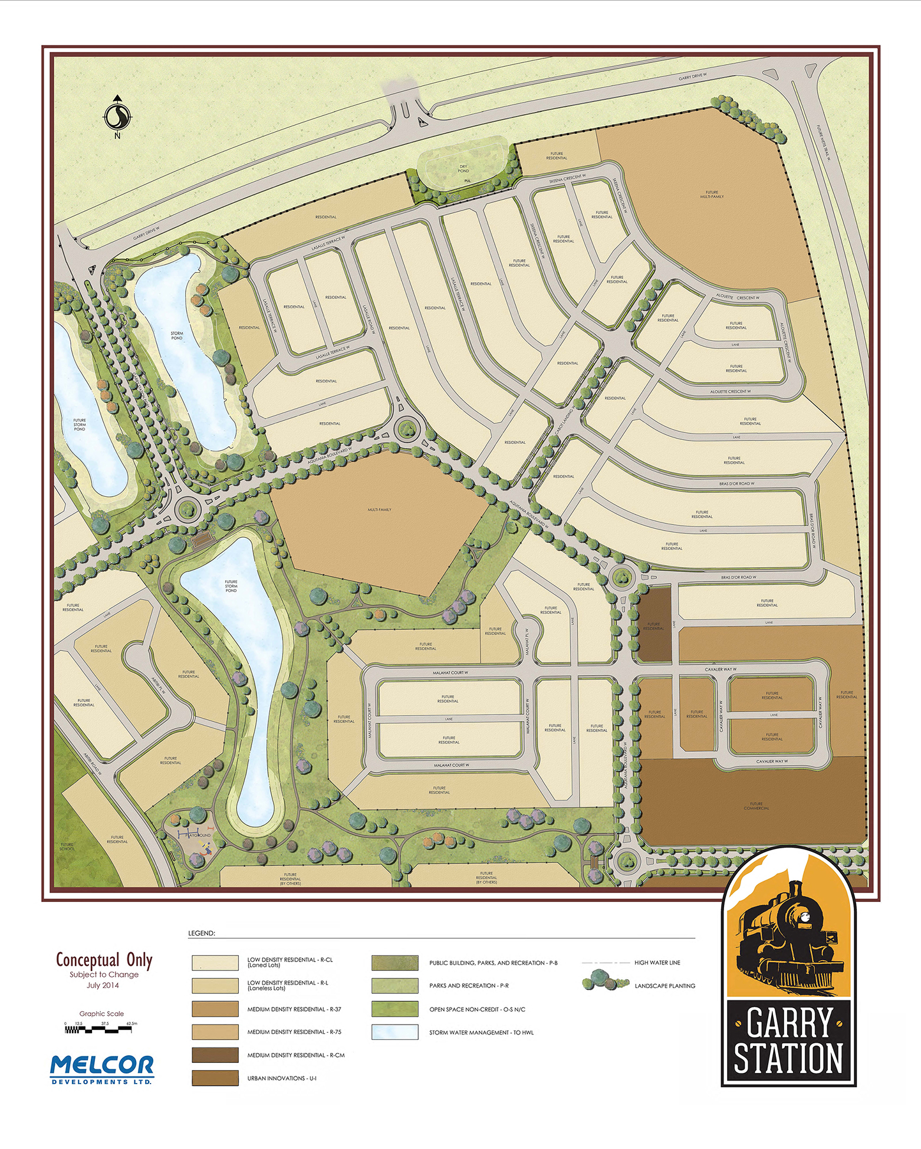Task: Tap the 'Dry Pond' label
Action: [x=463, y=169]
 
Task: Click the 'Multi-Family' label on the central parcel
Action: [x=379, y=509]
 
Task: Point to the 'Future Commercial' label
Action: [x=756, y=806]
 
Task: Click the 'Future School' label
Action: [x=67, y=847]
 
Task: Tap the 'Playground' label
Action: [x=198, y=835]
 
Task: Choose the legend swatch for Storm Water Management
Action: [x=394, y=1032]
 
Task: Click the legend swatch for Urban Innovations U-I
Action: [x=215, y=1078]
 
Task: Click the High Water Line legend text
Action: [x=657, y=963]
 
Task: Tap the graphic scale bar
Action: [x=98, y=1029]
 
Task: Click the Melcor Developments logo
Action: [x=102, y=1069]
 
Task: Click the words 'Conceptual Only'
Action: [x=104, y=960]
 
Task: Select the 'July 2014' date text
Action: [x=103, y=985]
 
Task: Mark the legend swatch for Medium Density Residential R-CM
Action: [x=215, y=1055]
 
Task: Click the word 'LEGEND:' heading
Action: [x=202, y=934]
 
